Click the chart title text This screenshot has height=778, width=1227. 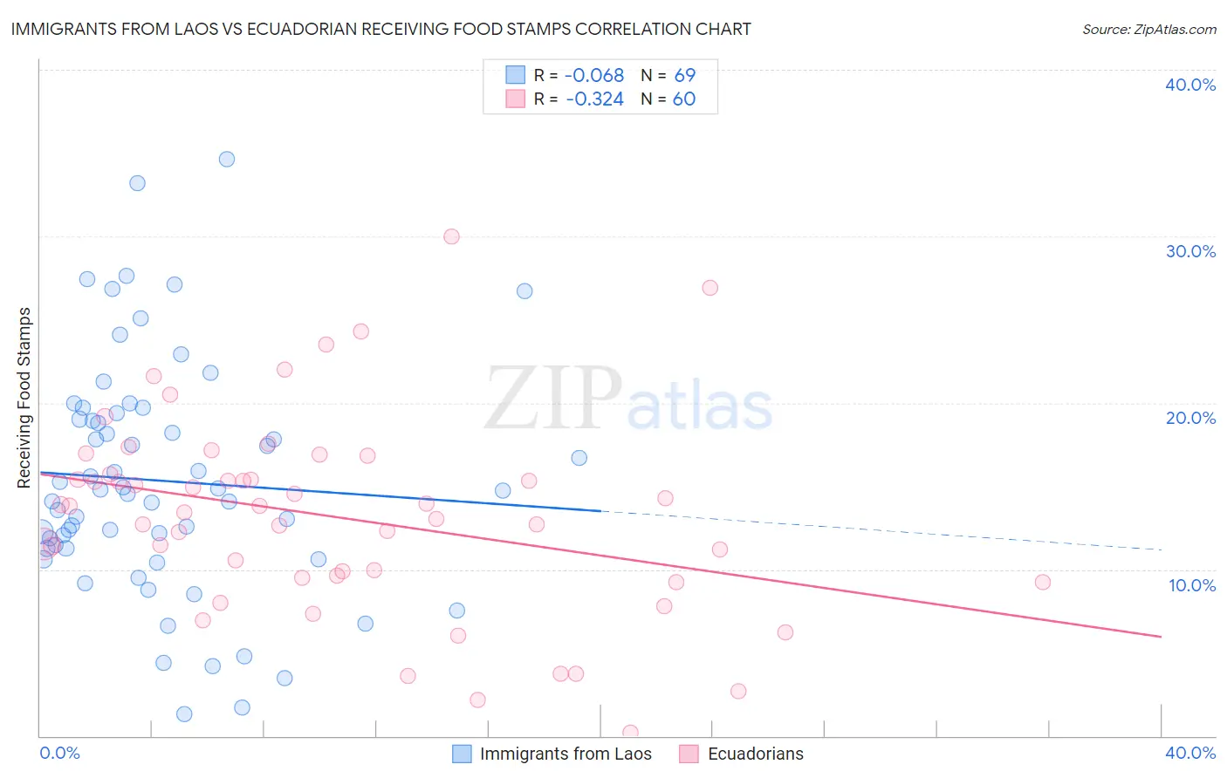point(380,29)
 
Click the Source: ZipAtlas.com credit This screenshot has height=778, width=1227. point(1148,29)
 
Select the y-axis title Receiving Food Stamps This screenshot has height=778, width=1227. point(24,398)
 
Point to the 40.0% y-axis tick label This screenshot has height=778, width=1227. point(1190,85)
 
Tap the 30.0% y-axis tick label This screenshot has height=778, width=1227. point(1190,251)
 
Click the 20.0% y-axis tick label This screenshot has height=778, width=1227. point(1190,418)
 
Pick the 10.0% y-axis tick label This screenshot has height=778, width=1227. point(1192,585)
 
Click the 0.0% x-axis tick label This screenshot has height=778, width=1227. point(59,753)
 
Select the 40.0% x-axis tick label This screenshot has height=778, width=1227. point(1190,753)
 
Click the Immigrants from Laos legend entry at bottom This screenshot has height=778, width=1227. point(565,754)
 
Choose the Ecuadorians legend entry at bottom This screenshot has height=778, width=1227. point(755,754)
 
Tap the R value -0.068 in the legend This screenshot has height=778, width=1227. point(594,76)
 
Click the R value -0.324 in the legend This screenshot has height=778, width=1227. point(594,99)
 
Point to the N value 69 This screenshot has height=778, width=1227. point(684,76)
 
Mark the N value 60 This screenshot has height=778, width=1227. point(684,99)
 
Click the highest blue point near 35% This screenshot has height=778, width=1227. point(227,159)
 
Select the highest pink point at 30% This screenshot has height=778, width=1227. point(451,236)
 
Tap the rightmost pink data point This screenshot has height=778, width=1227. point(1042,582)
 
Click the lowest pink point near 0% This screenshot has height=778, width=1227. point(630,733)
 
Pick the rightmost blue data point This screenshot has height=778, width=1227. point(579,458)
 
